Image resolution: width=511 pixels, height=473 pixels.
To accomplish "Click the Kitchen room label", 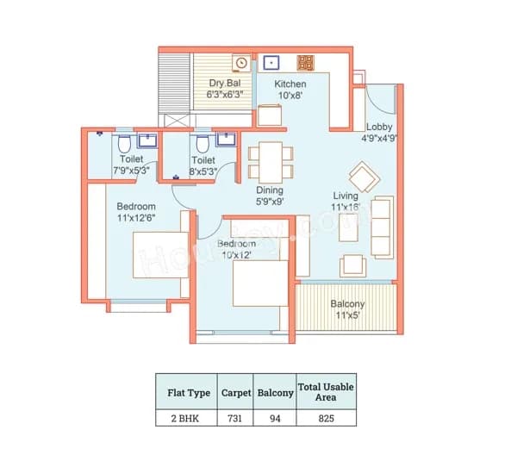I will coord(290,84).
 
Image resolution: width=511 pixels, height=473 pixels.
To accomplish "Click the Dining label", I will coord(270,190).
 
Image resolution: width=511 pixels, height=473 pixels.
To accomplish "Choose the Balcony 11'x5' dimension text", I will coord(347,316).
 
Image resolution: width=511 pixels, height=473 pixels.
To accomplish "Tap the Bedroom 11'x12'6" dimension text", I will coord(136,219).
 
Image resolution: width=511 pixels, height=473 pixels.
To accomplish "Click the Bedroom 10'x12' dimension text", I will coord(236,256).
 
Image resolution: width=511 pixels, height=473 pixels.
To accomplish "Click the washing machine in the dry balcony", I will coord(242,62).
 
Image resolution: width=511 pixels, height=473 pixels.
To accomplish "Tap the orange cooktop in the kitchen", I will coord(305,62).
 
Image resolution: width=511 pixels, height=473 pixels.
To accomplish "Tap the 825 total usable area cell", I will coord(325,419).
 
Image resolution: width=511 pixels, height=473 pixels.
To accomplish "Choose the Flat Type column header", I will coord(187,393).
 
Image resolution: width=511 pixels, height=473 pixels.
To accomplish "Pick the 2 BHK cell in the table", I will coord(187,419).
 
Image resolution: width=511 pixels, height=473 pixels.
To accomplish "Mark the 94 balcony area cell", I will coord(276,419).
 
